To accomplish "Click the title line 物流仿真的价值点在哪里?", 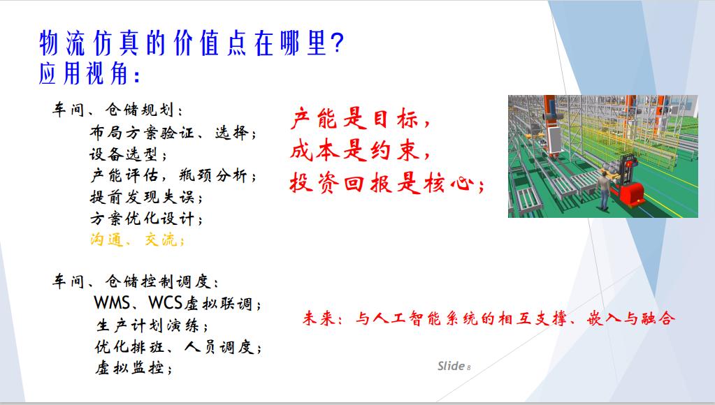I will [191, 44].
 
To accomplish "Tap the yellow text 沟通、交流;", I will [137, 240].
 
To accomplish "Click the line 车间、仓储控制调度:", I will [137, 282].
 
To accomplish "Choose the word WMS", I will [110, 304].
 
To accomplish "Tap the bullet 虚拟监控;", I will [133, 367].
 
